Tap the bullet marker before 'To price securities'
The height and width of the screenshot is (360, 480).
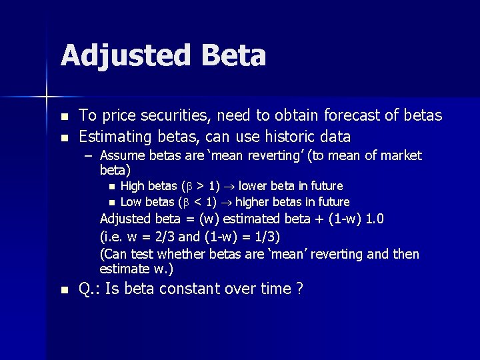pos(63,116)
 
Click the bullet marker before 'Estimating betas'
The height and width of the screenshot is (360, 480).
pos(63,137)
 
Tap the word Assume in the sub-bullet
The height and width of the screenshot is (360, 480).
pos(122,155)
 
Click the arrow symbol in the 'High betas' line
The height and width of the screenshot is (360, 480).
pos(229,186)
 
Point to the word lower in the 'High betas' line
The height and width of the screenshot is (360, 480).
pos(254,185)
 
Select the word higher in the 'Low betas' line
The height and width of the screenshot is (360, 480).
pos(254,201)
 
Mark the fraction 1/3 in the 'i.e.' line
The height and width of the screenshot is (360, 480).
pos(265,237)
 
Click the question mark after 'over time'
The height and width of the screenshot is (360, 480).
pos(299,289)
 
